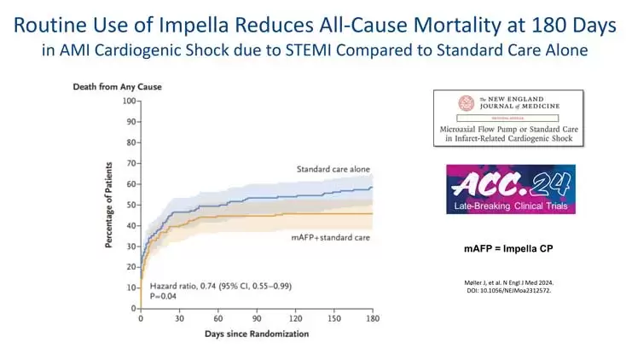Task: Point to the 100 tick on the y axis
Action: coord(130,101)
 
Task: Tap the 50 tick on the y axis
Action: coord(131,205)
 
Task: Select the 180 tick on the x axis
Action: coord(372,317)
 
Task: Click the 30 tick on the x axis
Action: coord(179,317)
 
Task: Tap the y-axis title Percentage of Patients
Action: coord(110,206)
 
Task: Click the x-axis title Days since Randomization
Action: coord(257,334)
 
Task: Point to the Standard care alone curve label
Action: coord(333,169)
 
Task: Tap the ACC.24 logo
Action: coord(510,183)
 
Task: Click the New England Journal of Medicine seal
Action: coord(466,103)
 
